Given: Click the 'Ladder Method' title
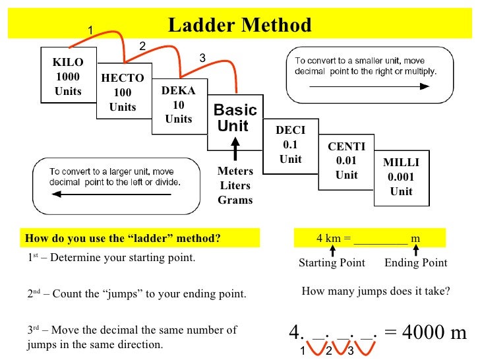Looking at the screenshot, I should pyautogui.click(x=239, y=26).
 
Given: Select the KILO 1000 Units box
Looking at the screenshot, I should pyautogui.click(x=68, y=76).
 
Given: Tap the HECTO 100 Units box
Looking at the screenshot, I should pyautogui.click(x=123, y=92).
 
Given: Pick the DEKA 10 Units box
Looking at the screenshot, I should pyautogui.click(x=178, y=105).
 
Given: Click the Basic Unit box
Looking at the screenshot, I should pyautogui.click(x=235, y=119).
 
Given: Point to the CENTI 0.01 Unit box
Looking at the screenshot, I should pyautogui.click(x=346, y=161).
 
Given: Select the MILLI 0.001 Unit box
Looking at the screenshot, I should pyautogui.click(x=401, y=177).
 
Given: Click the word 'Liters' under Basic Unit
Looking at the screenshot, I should pyautogui.click(x=235, y=185).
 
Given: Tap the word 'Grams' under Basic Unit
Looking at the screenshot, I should pyautogui.click(x=235, y=200).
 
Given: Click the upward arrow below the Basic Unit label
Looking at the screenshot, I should pyautogui.click(x=235, y=148).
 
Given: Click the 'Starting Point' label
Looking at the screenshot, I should pyautogui.click(x=332, y=263).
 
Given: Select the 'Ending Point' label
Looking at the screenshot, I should pyautogui.click(x=415, y=263).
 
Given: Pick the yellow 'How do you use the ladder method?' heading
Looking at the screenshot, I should pyautogui.click(x=123, y=238).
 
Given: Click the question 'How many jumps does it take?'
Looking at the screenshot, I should pyautogui.click(x=375, y=290).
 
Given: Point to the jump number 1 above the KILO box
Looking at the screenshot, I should pyautogui.click(x=91, y=28).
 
